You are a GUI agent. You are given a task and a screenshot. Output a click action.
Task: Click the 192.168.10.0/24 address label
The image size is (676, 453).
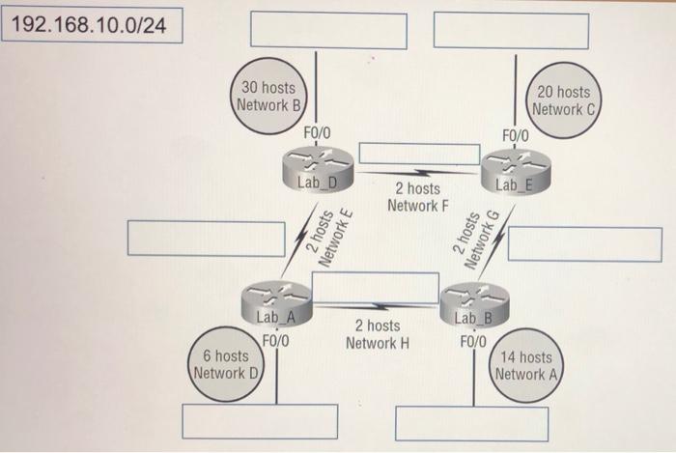tap(92, 23)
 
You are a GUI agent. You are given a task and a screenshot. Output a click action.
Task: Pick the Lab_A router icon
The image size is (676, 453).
tap(276, 300)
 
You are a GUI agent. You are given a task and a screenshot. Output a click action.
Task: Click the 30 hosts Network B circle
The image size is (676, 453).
tap(269, 96)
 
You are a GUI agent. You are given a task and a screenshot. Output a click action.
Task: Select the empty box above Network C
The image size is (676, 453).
tap(511, 30)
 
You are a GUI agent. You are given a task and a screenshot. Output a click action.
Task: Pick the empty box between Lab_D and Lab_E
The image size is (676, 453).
tap(419, 154)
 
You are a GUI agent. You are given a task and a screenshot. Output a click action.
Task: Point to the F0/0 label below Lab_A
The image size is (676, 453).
tap(275, 340)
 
